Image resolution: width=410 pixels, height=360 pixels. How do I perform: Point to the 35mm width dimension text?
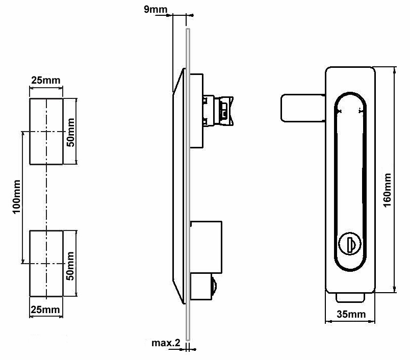351,315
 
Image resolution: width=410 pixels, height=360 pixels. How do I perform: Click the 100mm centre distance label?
16,197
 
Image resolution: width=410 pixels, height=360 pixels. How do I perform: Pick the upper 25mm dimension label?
46,80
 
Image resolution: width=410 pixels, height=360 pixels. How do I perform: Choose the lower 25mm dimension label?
46,310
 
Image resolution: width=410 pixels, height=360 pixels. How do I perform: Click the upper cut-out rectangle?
46,132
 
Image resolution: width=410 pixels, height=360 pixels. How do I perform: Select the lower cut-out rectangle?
46,263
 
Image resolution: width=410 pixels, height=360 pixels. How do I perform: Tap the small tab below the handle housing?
350,297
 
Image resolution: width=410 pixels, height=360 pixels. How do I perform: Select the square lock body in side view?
206,246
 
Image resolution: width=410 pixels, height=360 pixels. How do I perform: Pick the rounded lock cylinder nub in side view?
213,288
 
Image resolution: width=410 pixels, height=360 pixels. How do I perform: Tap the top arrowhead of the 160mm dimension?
395,71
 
